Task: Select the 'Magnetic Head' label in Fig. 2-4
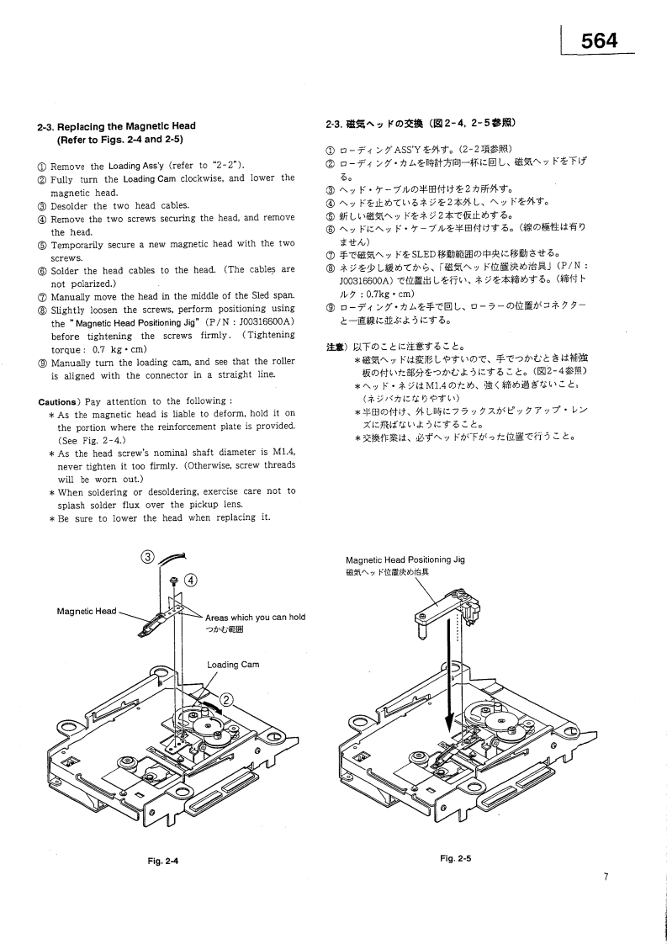point(86,612)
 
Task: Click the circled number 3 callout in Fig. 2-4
point(148,556)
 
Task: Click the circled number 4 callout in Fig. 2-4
point(190,580)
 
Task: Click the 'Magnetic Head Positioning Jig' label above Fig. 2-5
point(405,560)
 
